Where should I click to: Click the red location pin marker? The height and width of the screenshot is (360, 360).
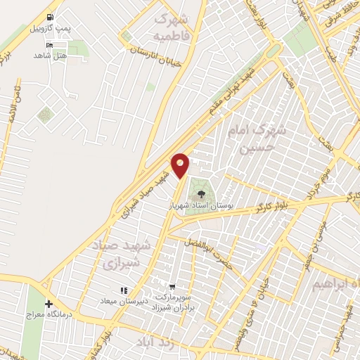pyautogui.click(x=181, y=165)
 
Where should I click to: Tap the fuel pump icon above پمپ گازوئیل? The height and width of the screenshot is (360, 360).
pyautogui.click(x=49, y=18)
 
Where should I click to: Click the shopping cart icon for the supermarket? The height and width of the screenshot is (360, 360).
pyautogui.click(x=171, y=287)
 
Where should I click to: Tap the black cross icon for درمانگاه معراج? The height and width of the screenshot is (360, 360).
pyautogui.click(x=49, y=304)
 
